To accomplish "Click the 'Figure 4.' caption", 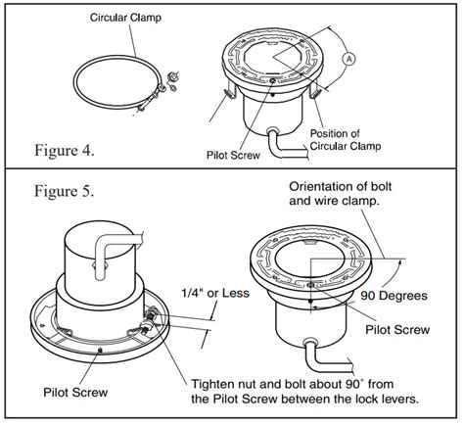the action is pos(65,151).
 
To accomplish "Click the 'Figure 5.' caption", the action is pos(65,191).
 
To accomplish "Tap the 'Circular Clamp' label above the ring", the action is pos(125,18).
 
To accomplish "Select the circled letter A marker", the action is pos(348,59).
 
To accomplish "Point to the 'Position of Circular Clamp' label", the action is pos(346,140).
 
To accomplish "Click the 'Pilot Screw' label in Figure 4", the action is pos(233,155).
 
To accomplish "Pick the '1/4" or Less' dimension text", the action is pos(215,293).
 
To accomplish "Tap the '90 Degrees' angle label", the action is pos(394,296).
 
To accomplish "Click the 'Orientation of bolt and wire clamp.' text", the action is pos(341,194).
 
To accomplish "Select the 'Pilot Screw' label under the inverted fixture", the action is pos(75,392).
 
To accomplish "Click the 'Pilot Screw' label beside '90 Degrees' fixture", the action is pos(397,330).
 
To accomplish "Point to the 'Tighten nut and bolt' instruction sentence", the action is pos(304,391).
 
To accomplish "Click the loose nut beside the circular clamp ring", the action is pos(170,77).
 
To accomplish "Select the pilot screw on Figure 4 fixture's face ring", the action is pos(273,80).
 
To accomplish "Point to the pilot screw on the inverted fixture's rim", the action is pos(101,350).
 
